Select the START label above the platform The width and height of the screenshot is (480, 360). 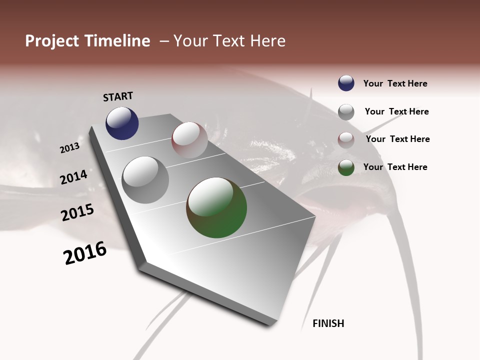pos(118,96)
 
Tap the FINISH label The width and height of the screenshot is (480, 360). pos(328,323)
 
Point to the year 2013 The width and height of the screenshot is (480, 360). pos(69,148)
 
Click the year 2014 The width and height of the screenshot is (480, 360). pos(73,177)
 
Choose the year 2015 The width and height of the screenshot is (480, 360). pos(77,212)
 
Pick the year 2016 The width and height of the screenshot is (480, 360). pos(85,253)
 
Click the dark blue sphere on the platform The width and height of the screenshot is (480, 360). pos(122,123)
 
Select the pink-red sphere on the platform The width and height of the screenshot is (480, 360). pos(189,140)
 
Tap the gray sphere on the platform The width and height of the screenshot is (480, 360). pos(145,180)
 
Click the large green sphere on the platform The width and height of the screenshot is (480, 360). pos(216,207)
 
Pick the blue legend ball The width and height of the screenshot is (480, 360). pos(346,83)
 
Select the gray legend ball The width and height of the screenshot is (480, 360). pos(346,112)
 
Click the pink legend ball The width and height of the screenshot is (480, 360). pos(346,140)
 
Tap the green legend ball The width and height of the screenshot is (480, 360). pos(346,167)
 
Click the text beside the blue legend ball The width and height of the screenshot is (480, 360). pos(395,84)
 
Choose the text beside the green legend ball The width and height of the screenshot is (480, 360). pos(395,167)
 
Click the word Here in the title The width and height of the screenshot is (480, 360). pos(267,41)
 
